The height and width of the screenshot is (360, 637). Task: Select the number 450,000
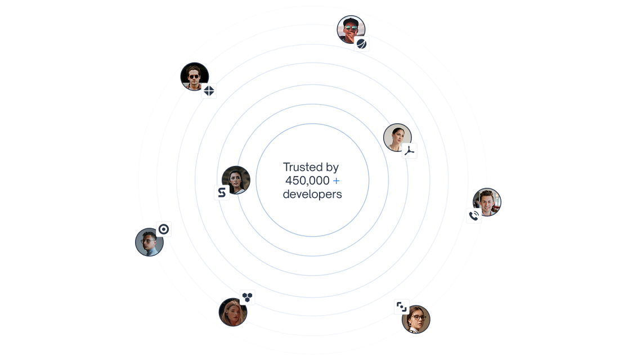[x=307, y=181]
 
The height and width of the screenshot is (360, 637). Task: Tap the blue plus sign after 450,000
[x=336, y=181]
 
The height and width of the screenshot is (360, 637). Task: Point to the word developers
[x=312, y=194]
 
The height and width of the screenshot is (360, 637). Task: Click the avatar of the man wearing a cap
[x=351, y=30]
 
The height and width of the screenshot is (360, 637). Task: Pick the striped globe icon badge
[x=361, y=43]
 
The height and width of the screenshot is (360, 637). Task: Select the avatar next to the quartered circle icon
[x=195, y=76]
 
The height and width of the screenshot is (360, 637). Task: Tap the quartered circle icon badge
[x=209, y=91]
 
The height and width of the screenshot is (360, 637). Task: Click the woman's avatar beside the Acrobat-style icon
[x=397, y=138]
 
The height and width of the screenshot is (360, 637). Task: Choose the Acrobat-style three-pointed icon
[x=410, y=151]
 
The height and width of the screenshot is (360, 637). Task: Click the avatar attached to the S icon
[x=236, y=180]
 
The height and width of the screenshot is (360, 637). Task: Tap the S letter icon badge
[x=222, y=192]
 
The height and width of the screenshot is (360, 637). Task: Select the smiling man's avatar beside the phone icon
[x=487, y=202]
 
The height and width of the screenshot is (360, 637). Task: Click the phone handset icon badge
[x=474, y=215]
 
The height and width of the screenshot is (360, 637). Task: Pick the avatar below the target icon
[x=150, y=242]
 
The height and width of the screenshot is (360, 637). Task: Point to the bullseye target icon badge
[x=163, y=229]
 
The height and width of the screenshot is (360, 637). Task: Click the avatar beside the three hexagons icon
[x=233, y=312]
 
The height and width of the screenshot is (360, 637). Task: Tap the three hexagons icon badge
[x=247, y=298]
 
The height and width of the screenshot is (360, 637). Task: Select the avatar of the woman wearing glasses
[x=416, y=319]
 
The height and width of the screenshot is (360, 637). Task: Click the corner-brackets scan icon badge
[x=401, y=307]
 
